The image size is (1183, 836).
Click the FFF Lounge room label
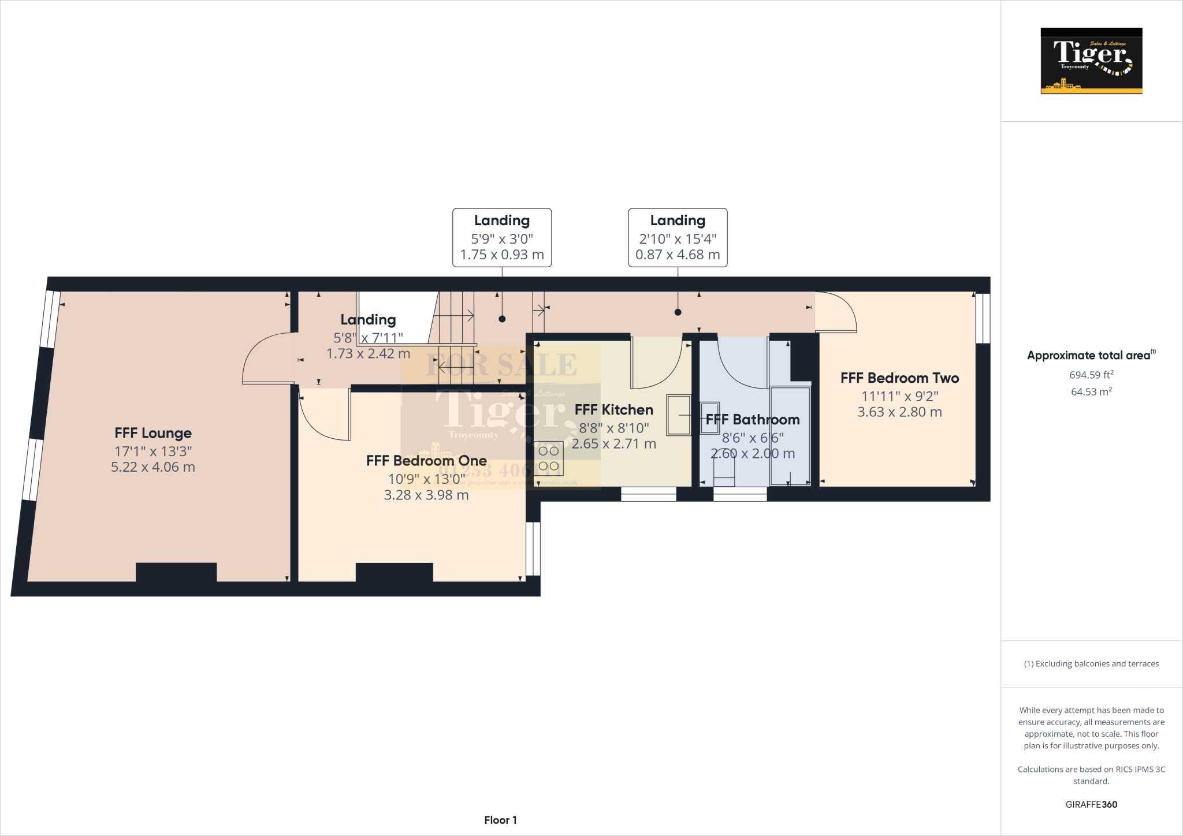coord(153,433)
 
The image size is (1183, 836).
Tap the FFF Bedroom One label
coord(426,461)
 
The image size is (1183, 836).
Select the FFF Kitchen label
coord(614,410)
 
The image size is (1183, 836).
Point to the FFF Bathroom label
coord(753,420)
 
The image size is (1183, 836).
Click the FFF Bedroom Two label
coord(899,378)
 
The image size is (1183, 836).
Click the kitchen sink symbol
coord(679,415)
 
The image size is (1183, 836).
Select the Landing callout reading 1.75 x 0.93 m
coord(502,238)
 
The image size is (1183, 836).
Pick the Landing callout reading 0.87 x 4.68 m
coord(678,238)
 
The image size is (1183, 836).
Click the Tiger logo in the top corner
coord(1091,61)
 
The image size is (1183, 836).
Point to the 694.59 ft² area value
coord(1091,375)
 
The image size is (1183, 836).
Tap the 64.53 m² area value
coord(1091,391)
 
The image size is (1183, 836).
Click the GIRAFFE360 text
coord(1091,804)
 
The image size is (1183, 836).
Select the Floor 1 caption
coord(500,820)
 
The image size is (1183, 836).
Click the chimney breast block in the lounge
coord(176,572)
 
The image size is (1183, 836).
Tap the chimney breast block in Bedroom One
coord(394,572)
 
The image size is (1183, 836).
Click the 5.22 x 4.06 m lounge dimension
coord(153,467)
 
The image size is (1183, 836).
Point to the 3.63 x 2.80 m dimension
coord(899,412)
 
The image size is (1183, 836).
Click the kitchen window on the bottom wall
coord(648,494)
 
